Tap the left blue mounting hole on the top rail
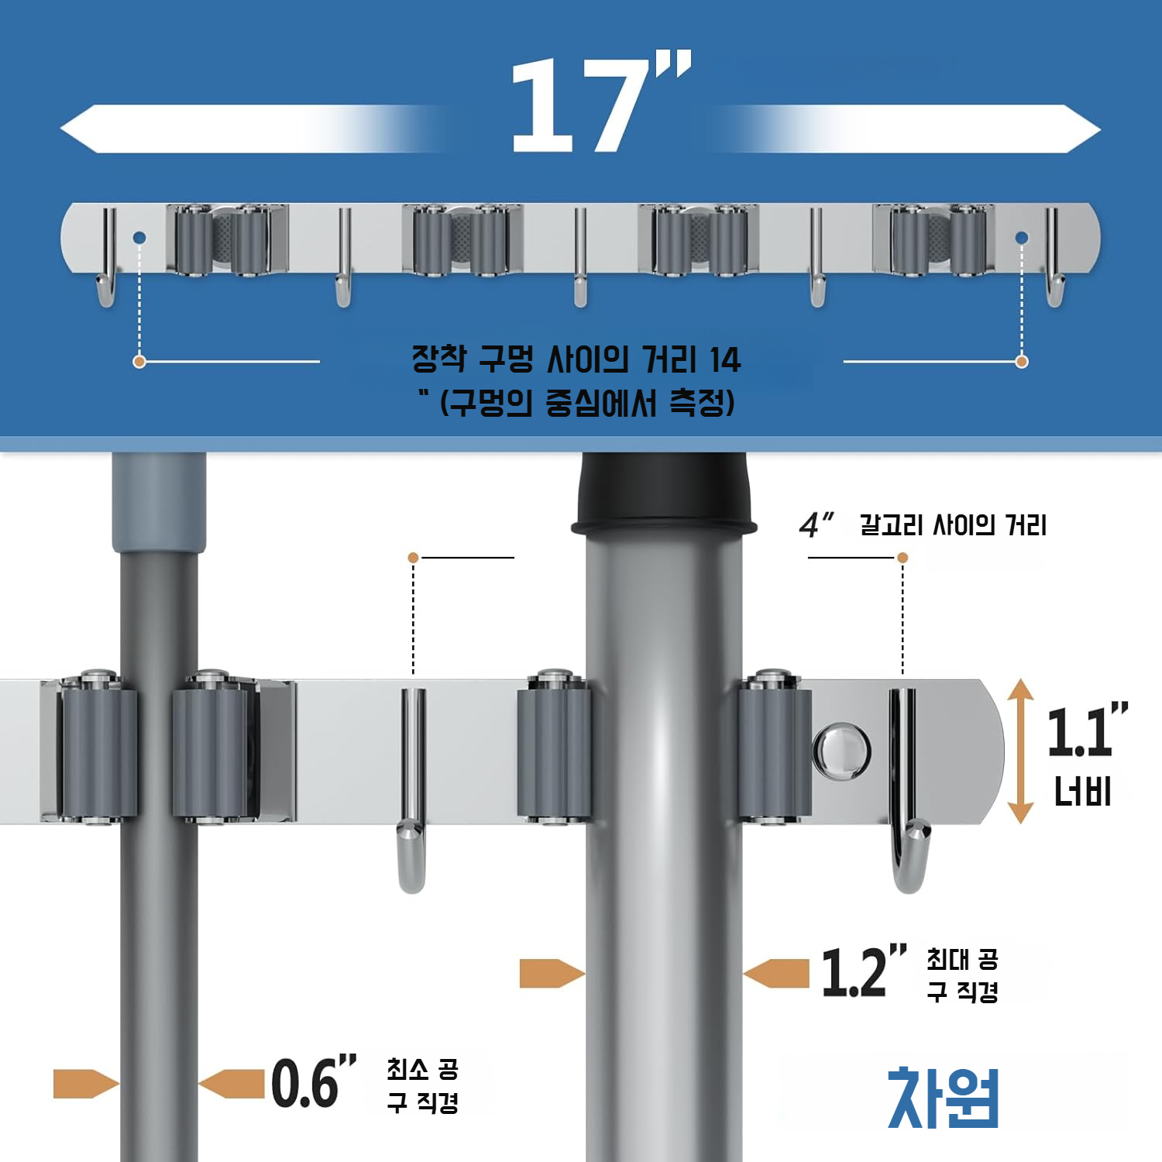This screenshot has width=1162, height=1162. pyautogui.click(x=139, y=238)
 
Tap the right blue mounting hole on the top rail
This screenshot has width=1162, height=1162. pyautogui.click(x=1022, y=238)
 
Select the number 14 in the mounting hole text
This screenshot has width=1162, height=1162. pyautogui.click(x=724, y=360)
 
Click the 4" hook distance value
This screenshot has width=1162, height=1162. pyautogui.click(x=815, y=525)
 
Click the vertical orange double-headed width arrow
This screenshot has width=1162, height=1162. pyautogui.click(x=1021, y=751)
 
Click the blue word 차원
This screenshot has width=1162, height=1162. pyautogui.click(x=943, y=1098)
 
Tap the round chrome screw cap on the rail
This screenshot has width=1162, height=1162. pyautogui.click(x=841, y=750)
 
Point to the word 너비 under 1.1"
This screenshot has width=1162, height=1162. pyautogui.click(x=1082, y=792)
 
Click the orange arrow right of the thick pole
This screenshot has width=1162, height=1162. pyautogui.click(x=777, y=974)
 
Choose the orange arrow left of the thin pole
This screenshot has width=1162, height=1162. pyautogui.click(x=85, y=1084)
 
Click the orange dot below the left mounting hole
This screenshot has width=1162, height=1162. pyautogui.click(x=139, y=362)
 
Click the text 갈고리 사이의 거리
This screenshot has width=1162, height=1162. pyautogui.click(x=953, y=525)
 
